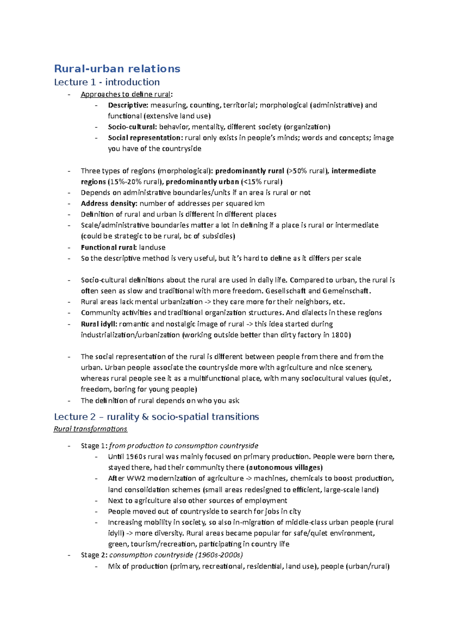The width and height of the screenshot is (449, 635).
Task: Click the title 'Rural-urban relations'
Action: coord(117,69)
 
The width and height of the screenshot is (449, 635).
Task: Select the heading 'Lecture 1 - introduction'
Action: coord(107,82)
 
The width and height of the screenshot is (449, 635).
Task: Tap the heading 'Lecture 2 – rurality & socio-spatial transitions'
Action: coord(156,417)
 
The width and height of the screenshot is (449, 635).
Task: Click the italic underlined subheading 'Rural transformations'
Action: coord(91,429)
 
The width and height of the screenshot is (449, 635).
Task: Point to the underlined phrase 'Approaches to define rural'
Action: coord(126,94)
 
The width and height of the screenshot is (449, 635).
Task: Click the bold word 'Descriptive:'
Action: coord(128,105)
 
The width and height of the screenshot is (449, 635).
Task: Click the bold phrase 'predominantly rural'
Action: coord(250,171)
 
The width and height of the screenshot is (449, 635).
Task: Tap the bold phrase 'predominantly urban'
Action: coord(202,182)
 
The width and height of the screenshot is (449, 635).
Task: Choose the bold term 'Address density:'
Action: coord(109,203)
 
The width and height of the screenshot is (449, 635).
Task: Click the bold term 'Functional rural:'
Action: coord(109,247)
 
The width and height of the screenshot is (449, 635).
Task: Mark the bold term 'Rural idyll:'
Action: coord(99,324)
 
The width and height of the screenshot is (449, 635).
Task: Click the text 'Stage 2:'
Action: coord(94,555)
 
